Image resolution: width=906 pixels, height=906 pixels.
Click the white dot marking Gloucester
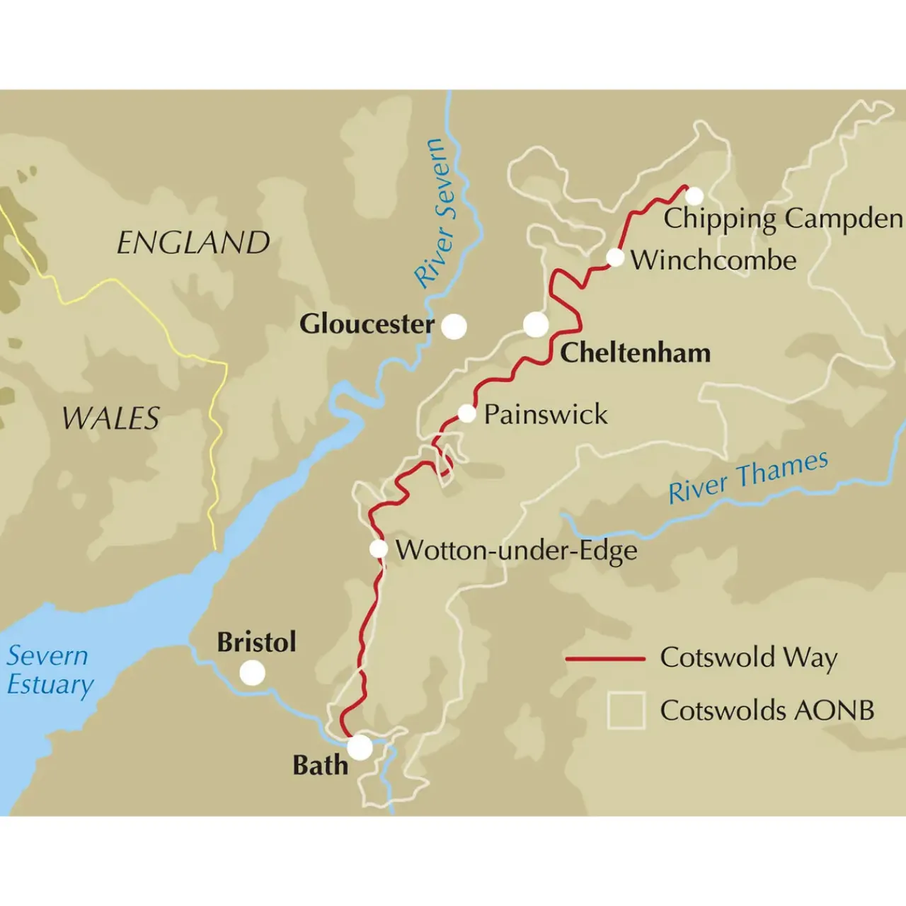point(454,326)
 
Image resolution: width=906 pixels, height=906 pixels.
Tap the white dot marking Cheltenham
point(536,325)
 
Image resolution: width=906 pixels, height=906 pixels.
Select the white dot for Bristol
point(252,672)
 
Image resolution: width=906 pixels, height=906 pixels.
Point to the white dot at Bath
point(360,747)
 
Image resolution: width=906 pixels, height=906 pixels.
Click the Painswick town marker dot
point(466,413)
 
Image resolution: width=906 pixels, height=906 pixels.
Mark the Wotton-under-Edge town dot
point(379,549)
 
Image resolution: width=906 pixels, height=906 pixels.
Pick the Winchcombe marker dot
point(615,258)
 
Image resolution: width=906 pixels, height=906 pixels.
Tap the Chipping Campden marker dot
point(694,196)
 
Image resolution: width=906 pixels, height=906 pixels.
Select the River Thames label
point(748,477)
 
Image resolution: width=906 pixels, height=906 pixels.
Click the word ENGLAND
point(193,243)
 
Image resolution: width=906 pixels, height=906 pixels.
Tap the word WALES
point(111,418)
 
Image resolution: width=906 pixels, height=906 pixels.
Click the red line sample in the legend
point(605,659)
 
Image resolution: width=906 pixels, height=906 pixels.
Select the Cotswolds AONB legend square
point(626,710)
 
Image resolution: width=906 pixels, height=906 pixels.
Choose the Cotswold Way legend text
point(748,658)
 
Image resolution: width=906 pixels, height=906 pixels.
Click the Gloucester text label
point(367,324)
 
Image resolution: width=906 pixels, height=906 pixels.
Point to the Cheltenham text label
point(635,352)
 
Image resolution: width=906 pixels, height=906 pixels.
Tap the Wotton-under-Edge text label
point(516,551)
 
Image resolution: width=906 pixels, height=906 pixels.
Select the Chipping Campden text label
point(783,219)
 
